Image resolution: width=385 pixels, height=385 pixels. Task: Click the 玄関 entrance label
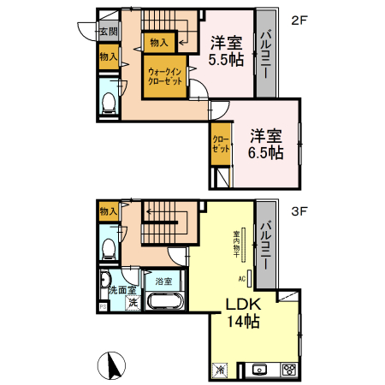tap(108, 33)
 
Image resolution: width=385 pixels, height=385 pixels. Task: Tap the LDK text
tap(243, 305)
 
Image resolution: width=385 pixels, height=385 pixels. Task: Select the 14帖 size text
tap(243, 323)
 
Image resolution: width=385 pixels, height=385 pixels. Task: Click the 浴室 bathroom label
tap(163, 281)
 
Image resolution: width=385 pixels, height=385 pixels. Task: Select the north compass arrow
tap(110, 365)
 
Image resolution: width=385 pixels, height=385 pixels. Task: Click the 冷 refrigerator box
tap(220, 370)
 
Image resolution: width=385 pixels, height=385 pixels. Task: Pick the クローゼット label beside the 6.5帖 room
tap(221, 144)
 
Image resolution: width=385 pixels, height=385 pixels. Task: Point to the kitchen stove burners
tap(289, 370)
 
